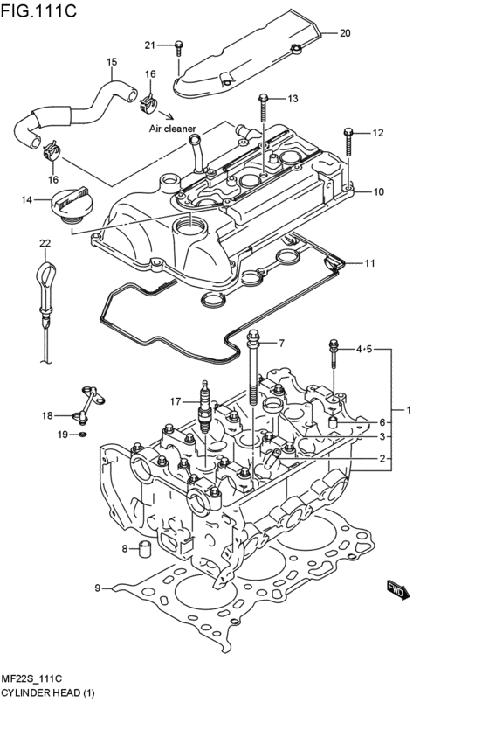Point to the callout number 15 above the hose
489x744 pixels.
pos(112,62)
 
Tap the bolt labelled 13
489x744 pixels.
pos(262,109)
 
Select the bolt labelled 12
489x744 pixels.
pos(348,140)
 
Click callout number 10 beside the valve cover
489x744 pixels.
pos(378,191)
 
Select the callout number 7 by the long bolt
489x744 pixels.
pos(281,343)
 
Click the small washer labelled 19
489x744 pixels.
pos(82,433)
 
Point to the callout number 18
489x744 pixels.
pos(48,415)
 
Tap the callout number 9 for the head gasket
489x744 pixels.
pos(98,588)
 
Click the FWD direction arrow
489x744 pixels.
pos(397,591)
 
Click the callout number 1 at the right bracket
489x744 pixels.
pos(407,410)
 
